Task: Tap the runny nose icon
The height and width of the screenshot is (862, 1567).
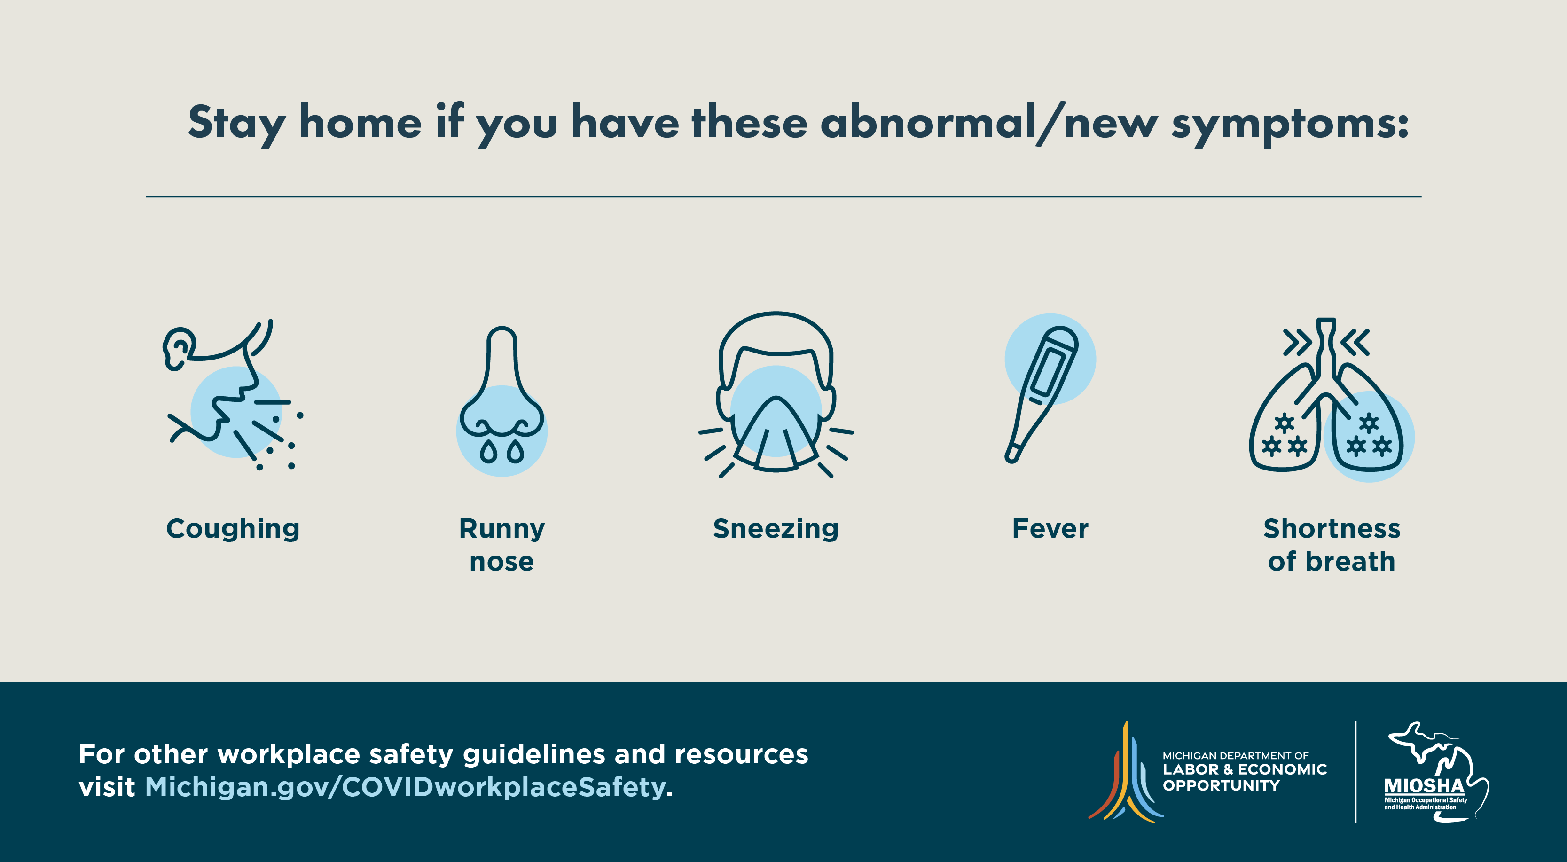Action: (x=502, y=401)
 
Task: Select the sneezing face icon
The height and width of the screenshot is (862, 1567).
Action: (x=776, y=395)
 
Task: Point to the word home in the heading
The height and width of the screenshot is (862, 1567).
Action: (x=360, y=122)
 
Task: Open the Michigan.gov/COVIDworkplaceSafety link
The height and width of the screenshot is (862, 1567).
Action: (x=405, y=787)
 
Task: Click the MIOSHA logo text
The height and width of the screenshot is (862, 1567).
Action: (x=1424, y=786)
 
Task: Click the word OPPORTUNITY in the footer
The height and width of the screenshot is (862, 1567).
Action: (x=1221, y=785)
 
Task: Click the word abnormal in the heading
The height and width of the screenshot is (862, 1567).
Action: (x=928, y=122)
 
